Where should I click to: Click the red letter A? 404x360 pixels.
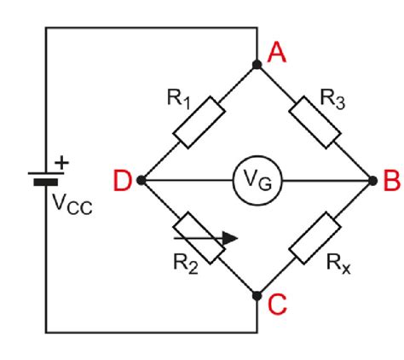pyautogui.click(x=277, y=52)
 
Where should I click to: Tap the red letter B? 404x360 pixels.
pyautogui.click(x=391, y=180)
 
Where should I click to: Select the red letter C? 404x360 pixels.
pyautogui.click(x=277, y=305)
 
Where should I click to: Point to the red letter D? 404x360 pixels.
pyautogui.click(x=123, y=180)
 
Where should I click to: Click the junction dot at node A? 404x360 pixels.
pyautogui.click(x=257, y=65)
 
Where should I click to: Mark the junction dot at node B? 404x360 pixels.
pyautogui.click(x=372, y=180)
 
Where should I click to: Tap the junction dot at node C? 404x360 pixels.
pyautogui.click(x=257, y=296)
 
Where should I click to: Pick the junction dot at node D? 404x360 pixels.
pyautogui.click(x=141, y=180)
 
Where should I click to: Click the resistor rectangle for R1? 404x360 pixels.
pyautogui.click(x=199, y=122)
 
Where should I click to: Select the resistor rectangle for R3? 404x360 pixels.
pyautogui.click(x=315, y=122)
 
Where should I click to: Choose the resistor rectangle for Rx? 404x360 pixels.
pyautogui.click(x=315, y=238)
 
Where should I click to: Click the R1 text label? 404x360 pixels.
pyautogui.click(x=179, y=99)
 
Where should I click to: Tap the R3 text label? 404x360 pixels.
pyautogui.click(x=332, y=99)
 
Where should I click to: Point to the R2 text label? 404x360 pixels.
pyautogui.click(x=186, y=264)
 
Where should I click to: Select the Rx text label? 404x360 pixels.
pyautogui.click(x=338, y=264)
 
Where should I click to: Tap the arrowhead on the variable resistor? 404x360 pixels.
pyautogui.click(x=230, y=238)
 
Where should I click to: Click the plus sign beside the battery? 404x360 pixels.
pyautogui.click(x=61, y=163)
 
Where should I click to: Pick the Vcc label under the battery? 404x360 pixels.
pyautogui.click(x=72, y=204)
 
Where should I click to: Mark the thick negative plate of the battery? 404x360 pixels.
pyautogui.click(x=46, y=182)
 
